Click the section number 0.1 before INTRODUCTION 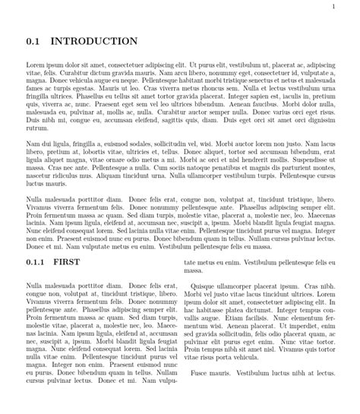33,41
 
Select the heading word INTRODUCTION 93,41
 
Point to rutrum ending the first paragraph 36,128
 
